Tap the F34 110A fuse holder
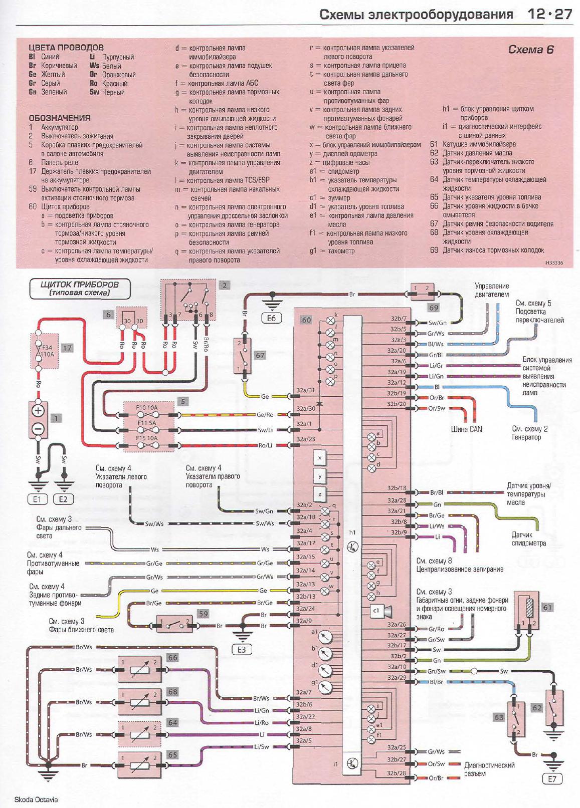pos(45,351)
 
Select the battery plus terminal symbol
pos(39,411)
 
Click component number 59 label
pos(203,614)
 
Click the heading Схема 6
pos(531,50)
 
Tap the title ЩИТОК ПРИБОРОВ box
pos(79,288)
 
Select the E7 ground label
pos(552,779)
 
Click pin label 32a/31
pos(305,390)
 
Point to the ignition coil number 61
pos(547,607)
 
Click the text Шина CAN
pos(466,429)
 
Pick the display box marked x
pos(320,458)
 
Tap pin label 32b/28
pos(397,773)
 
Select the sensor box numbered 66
pos(139,669)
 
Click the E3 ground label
pos(242,650)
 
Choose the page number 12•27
pos(549,14)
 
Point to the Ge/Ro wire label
pos(265,415)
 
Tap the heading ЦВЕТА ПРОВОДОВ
pos(66,48)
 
